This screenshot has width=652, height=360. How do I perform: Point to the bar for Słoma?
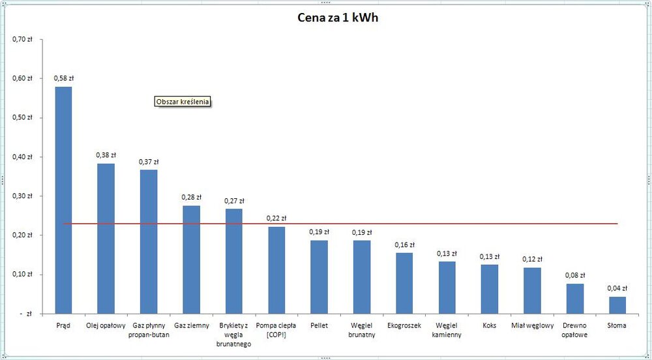pyautogui.click(x=617, y=305)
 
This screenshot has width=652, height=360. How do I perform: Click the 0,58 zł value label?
pyautogui.click(x=63, y=79)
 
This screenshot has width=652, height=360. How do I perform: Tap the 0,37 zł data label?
pyautogui.click(x=149, y=162)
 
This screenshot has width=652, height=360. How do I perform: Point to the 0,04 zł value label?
pyautogui.click(x=617, y=288)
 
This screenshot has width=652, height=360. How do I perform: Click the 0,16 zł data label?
pyautogui.click(x=404, y=245)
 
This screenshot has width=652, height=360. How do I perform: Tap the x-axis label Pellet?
pyautogui.click(x=319, y=325)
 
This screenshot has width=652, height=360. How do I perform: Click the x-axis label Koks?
pyautogui.click(x=490, y=325)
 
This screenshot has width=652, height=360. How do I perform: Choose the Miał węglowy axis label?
pyautogui.click(x=532, y=325)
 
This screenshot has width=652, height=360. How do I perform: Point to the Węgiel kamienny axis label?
pyautogui.click(x=447, y=329)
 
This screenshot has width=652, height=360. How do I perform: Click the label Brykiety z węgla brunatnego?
pyautogui.click(x=234, y=334)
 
